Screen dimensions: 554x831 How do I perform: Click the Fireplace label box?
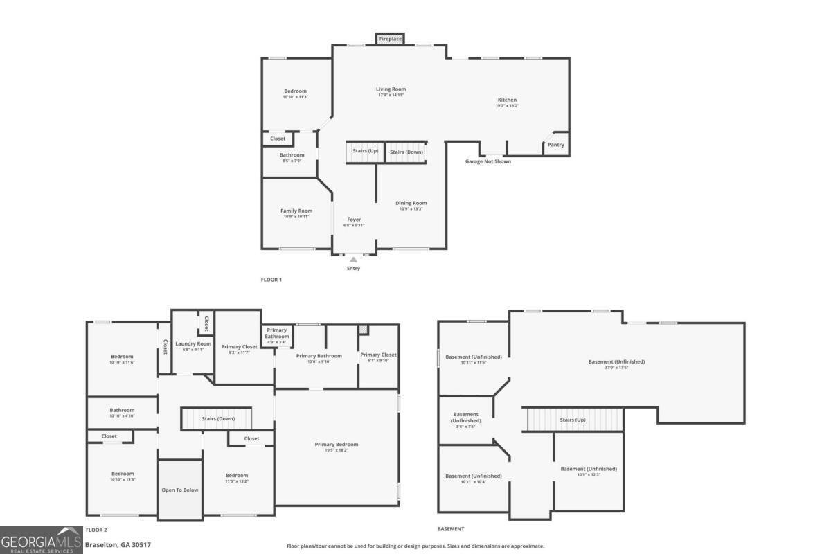point(390,39)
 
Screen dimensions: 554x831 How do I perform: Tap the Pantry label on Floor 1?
point(555,145)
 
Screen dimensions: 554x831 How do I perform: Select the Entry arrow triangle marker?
point(353,260)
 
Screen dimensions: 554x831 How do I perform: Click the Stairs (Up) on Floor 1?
point(365,151)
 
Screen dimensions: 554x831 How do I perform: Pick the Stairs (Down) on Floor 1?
point(406,152)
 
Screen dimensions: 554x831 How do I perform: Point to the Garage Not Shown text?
point(488,161)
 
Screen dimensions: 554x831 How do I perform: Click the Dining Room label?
point(411,203)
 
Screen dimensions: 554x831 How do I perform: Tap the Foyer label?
point(354,220)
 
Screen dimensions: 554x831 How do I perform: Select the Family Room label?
point(296,211)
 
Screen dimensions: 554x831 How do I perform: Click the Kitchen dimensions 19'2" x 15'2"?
point(507,106)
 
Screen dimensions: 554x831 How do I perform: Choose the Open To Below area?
point(180,490)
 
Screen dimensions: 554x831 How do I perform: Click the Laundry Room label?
point(193,343)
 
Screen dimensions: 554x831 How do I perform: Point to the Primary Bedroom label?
point(337,444)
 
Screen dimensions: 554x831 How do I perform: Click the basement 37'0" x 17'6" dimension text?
point(616,368)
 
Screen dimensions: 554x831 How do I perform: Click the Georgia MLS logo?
point(41,540)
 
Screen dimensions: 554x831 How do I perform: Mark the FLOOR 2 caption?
point(96,529)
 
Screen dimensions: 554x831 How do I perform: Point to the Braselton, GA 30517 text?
point(117,544)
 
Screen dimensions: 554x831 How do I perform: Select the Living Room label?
point(391,89)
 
